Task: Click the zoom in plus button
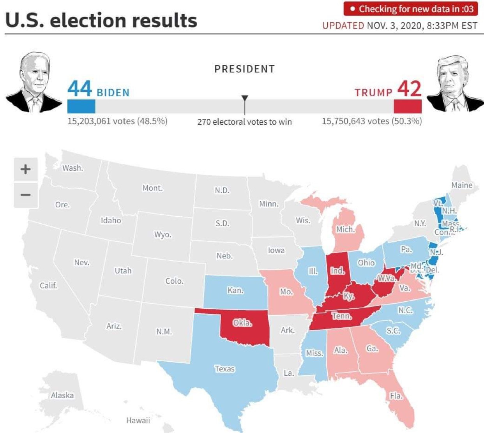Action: point(26,169)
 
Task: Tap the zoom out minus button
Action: point(26,195)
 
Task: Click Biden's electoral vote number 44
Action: point(79,88)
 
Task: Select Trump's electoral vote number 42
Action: point(409,88)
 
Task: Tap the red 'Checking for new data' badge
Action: point(410,9)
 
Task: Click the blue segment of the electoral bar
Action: point(81,106)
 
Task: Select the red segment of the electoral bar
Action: point(407,106)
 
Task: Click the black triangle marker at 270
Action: point(244,99)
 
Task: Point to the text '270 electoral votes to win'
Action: point(244,122)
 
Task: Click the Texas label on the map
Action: point(224,369)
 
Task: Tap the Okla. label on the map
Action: point(242,323)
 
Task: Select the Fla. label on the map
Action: point(396,396)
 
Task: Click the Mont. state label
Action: point(152,188)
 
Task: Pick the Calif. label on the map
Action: point(48,286)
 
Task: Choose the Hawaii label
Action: point(138,420)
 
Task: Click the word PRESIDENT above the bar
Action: point(244,69)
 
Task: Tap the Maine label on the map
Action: point(462,185)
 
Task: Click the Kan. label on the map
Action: point(235,290)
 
